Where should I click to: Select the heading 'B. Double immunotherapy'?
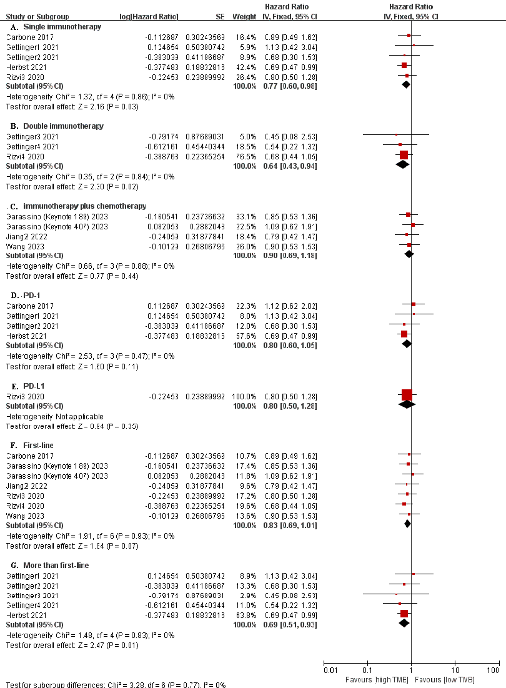coord(56,126)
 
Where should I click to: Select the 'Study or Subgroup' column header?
coord(37,16)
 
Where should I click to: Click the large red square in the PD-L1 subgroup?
coord(407,394)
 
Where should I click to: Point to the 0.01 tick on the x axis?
coord(330,671)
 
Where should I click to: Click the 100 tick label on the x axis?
coord(494,671)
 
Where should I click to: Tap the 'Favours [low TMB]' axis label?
coord(440,679)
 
